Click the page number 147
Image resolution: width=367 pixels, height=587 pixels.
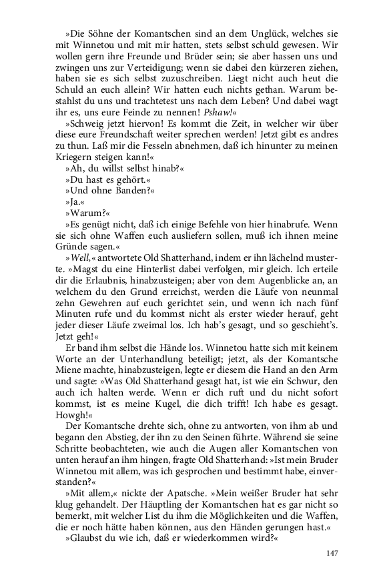click(332, 553)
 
